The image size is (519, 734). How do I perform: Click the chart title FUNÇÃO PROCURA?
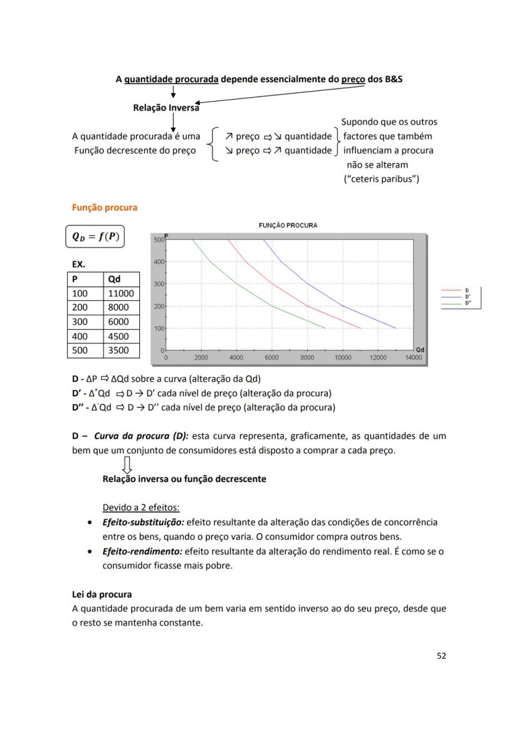(288, 225)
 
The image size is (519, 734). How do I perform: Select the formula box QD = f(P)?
(95, 237)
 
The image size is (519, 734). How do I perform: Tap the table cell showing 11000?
(120, 293)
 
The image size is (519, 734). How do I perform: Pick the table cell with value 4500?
(118, 336)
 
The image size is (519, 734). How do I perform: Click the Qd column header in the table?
(115, 279)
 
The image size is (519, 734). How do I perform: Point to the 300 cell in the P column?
(80, 322)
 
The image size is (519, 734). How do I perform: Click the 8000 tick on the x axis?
(307, 357)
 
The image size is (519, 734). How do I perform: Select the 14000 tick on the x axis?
(413, 357)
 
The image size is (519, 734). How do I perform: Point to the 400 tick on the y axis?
(159, 261)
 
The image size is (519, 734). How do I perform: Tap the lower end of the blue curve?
(396, 328)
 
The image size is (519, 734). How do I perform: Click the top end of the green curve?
(192, 239)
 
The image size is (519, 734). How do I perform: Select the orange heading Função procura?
(105, 207)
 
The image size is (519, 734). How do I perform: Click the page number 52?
(441, 656)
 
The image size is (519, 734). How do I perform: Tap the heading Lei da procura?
(102, 594)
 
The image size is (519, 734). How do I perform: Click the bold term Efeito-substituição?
(144, 522)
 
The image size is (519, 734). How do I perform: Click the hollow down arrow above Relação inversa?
(127, 464)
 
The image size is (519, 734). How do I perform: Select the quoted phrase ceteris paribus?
(382, 179)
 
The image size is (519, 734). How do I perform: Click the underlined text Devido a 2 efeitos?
(141, 507)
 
